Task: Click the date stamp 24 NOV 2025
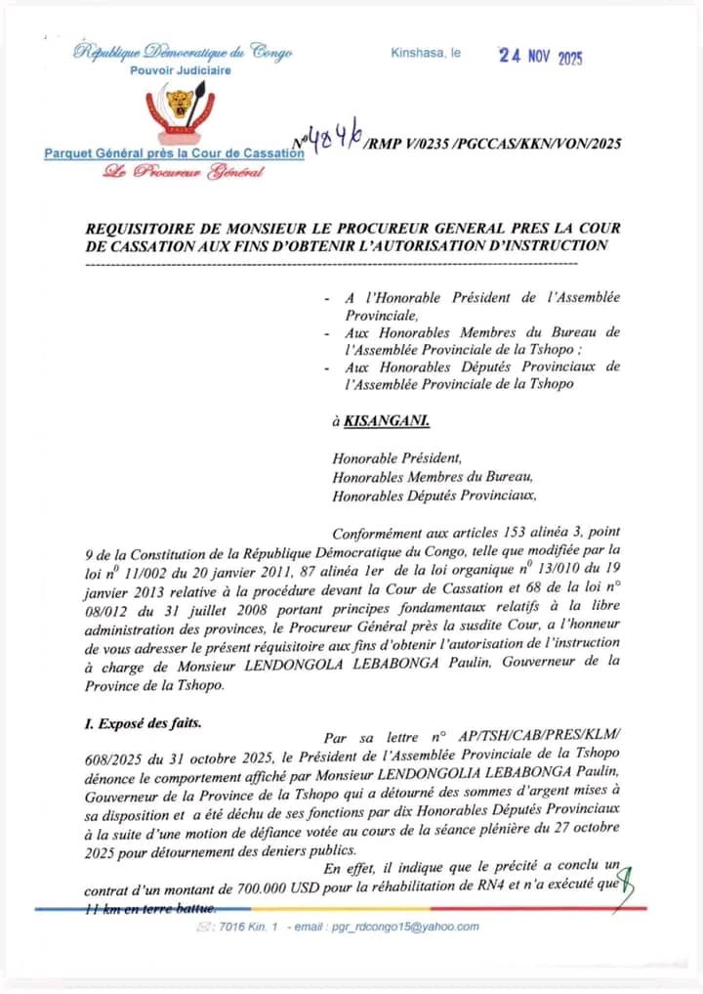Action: point(540,57)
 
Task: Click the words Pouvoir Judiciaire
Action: point(181,70)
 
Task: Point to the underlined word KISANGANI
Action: point(387,421)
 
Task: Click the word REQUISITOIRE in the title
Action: point(144,228)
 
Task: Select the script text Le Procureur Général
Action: point(185,173)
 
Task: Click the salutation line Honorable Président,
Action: point(392,457)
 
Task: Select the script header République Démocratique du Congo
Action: point(183,53)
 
